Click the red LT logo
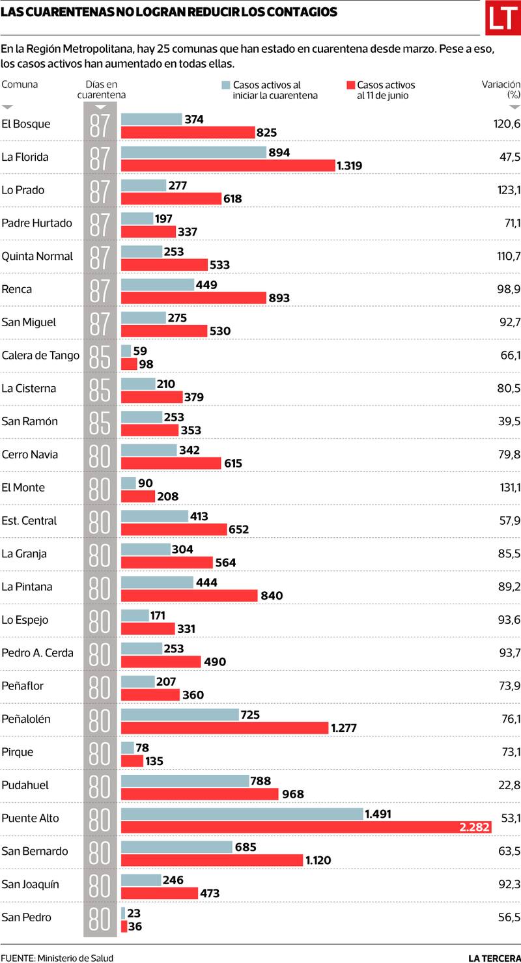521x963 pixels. point(503,18)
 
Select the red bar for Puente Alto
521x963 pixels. point(306,827)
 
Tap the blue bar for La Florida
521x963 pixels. point(194,152)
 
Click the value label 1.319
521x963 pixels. point(349,165)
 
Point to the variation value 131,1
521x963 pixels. point(508,488)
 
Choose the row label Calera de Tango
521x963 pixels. point(40,356)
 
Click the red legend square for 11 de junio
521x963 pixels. point(350,85)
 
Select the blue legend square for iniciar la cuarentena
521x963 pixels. point(226,85)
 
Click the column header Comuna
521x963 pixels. point(20,84)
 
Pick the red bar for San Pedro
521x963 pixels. point(124,927)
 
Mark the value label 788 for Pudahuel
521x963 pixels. point(260,781)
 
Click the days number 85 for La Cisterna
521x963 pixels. point(100,389)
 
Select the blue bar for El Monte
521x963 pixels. point(128,483)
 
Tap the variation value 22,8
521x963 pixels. point(509,785)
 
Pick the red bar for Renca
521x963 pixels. point(193,298)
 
